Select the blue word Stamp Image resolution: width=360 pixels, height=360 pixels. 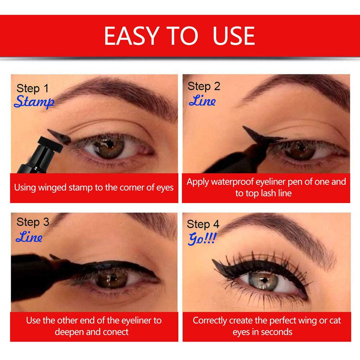pos(34,102)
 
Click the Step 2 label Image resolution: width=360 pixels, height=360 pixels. pos(204,86)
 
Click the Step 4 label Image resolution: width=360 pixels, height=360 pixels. pos(203,224)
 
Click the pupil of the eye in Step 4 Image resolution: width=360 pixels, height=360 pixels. pos(263,279)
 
